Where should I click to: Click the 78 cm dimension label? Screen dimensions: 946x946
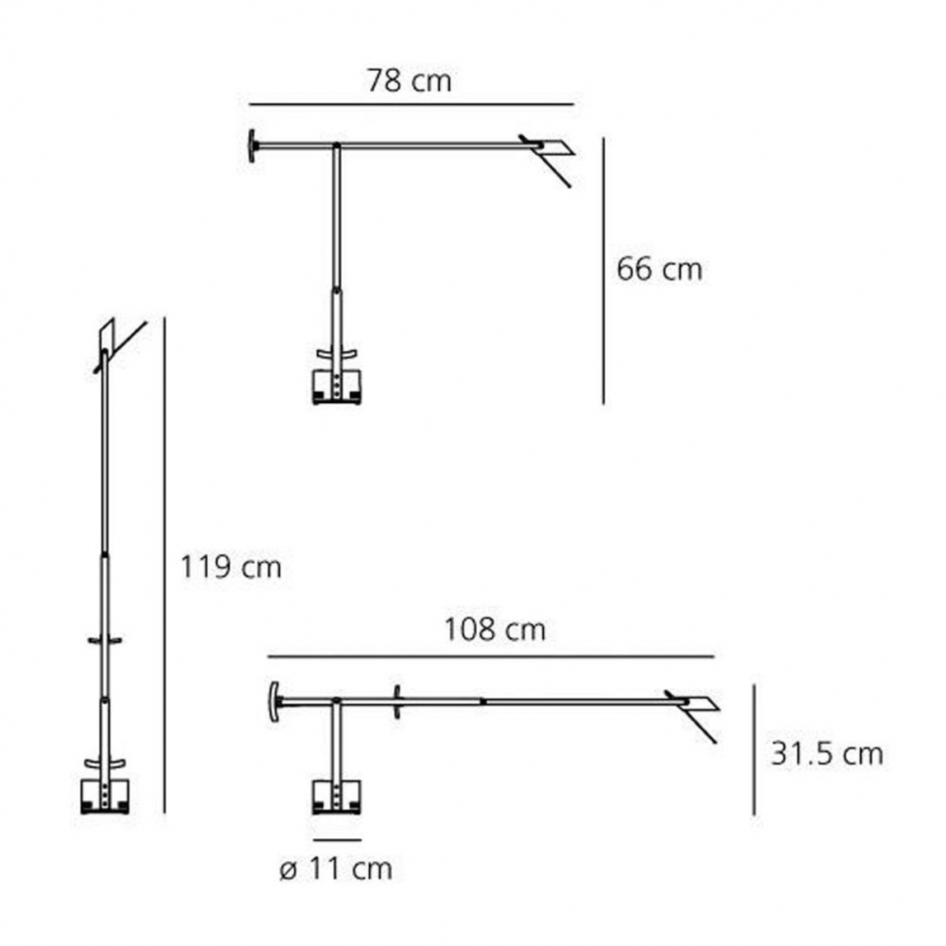click(409, 81)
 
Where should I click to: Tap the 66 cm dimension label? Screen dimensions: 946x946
click(659, 270)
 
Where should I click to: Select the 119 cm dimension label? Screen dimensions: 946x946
click(231, 568)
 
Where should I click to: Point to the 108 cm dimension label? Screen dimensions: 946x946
click(495, 630)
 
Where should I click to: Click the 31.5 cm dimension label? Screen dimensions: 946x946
click(826, 754)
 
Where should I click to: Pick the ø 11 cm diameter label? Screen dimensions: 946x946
click(335, 869)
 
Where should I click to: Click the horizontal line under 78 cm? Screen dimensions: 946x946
click(412, 103)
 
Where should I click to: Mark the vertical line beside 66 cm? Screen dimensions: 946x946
click(604, 270)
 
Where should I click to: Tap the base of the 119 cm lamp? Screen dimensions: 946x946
click(105, 797)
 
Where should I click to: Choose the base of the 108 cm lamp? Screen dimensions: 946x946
click(337, 797)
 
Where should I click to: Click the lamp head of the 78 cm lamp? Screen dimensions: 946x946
click(553, 149)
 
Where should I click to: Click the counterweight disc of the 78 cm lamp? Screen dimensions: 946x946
click(253, 145)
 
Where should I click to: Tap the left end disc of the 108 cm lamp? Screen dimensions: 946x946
click(274, 701)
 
